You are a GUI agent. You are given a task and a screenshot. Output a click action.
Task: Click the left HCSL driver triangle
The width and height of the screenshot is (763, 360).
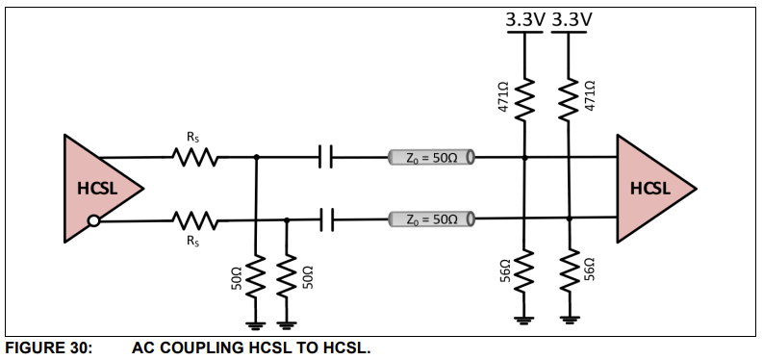tap(100, 189)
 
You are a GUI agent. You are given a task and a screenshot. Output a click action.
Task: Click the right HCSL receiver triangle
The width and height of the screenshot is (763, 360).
tap(652, 189)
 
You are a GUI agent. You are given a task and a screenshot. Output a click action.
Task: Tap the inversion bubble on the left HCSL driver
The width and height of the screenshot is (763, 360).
tap(94, 221)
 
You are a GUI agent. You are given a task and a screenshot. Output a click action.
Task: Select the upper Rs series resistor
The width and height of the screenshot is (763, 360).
tap(194, 158)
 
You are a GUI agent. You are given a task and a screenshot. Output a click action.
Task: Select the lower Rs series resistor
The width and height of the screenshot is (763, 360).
tap(194, 220)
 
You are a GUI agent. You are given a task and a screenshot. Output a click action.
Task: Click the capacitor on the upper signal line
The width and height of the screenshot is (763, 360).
tap(326, 157)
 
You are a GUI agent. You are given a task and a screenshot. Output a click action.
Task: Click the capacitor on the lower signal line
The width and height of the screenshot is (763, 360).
tap(326, 219)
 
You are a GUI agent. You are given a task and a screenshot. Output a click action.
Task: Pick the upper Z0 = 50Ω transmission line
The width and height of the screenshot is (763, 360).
tap(432, 157)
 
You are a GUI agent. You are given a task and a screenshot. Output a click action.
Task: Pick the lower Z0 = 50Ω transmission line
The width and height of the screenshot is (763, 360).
tap(432, 219)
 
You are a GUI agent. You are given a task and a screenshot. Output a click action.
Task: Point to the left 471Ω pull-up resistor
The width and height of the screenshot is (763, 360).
tap(524, 99)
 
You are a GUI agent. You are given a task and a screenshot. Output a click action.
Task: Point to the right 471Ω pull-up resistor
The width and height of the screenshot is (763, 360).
tap(569, 99)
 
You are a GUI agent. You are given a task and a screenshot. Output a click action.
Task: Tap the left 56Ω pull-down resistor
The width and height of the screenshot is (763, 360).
tap(524, 271)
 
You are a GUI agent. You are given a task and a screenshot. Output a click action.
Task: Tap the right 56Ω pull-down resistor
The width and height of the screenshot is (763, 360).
tap(569, 271)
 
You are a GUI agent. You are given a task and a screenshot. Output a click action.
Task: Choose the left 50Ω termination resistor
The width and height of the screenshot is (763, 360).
tap(256, 276)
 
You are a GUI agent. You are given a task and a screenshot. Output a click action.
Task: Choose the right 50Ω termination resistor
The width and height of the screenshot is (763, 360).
tap(287, 276)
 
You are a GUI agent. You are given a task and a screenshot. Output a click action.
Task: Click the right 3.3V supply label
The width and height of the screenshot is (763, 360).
tap(572, 19)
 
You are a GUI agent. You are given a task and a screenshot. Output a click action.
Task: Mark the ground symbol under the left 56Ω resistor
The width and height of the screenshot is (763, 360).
tap(523, 321)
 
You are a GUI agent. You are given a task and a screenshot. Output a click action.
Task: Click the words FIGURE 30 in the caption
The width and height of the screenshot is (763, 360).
tap(48, 348)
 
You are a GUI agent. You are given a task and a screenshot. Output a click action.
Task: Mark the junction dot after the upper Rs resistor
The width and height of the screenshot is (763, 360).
tap(257, 157)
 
